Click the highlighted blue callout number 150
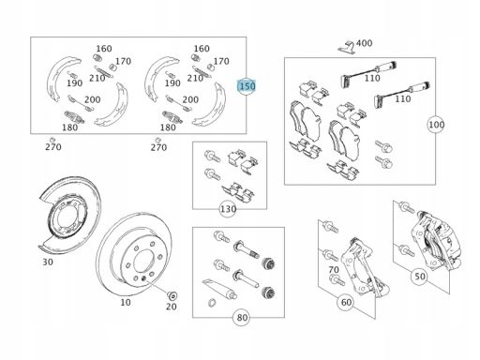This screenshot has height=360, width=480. pyautogui.click(x=247, y=86)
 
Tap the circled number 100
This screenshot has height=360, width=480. pyautogui.click(x=436, y=125)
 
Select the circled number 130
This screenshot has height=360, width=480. pyautogui.click(x=228, y=209)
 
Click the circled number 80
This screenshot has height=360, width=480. pyautogui.click(x=242, y=318)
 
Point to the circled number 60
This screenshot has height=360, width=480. pyautogui.click(x=346, y=302)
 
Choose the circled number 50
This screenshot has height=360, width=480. pyautogui.click(x=419, y=277)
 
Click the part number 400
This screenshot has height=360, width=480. pyautogui.click(x=364, y=43)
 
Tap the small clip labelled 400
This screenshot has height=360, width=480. pyautogui.click(x=346, y=46)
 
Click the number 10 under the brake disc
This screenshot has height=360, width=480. pyautogui.click(x=126, y=302)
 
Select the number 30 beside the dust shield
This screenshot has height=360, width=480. pyautogui.click(x=48, y=262)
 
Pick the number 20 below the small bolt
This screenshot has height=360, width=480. pyautogui.click(x=172, y=307)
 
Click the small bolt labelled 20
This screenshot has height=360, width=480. pyautogui.click(x=172, y=294)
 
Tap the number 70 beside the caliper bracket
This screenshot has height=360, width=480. pyautogui.click(x=334, y=269)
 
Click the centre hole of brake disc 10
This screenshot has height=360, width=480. pyautogui.click(x=143, y=262)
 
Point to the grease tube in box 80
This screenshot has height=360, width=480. pyautogui.click(x=219, y=289)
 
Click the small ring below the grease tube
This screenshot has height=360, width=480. pyautogui.click(x=212, y=303)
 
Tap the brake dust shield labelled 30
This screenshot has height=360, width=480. pyautogui.click(x=69, y=215)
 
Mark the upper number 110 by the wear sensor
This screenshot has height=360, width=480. pyautogui.click(x=372, y=78)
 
